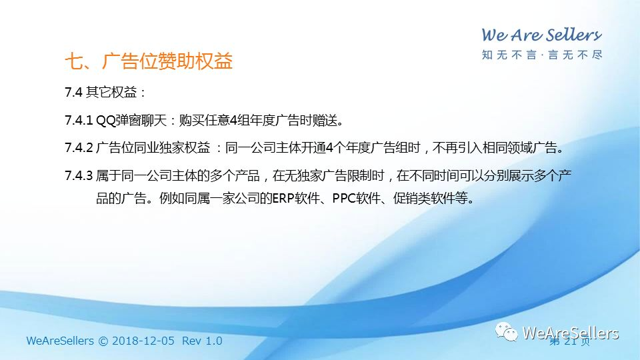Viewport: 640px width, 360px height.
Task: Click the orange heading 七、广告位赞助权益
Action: point(149,61)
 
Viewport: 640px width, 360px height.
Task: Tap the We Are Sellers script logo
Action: point(541,35)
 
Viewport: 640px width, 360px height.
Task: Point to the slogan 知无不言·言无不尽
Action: point(542,55)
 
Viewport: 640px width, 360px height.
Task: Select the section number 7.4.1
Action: point(79,121)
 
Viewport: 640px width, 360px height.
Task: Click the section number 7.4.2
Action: point(79,147)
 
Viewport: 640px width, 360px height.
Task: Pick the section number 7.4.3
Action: point(79,175)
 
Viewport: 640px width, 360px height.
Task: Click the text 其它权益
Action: point(111,92)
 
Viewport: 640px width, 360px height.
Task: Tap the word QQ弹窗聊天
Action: point(131,121)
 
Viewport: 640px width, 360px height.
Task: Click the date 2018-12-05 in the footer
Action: point(143,341)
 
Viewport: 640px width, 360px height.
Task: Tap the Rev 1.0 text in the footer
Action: point(202,341)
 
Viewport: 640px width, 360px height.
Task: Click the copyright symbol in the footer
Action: point(103,341)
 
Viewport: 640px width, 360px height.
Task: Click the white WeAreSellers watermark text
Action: point(571,333)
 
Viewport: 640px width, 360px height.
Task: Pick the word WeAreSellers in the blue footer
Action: point(60,341)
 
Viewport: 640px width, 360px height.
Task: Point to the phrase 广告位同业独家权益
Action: point(153,147)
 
